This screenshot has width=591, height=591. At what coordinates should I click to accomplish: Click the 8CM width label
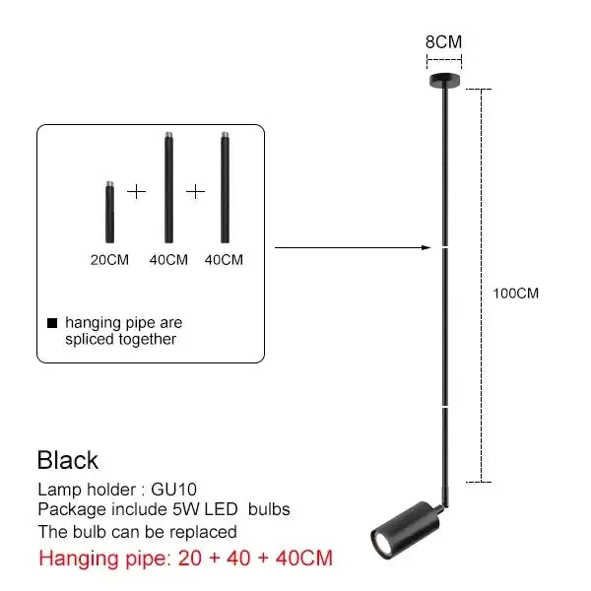443,41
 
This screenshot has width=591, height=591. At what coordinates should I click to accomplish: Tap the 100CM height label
515,294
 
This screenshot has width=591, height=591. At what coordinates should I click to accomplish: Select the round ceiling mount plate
445,80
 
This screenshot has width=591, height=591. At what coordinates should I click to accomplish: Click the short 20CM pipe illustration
109,212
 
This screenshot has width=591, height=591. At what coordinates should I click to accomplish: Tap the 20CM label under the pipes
109,260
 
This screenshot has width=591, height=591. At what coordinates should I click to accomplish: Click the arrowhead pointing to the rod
427,247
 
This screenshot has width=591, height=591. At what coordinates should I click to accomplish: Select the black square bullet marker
52,323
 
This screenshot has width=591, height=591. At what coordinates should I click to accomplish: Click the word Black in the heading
68,460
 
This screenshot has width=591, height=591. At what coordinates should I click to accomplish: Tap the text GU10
173,490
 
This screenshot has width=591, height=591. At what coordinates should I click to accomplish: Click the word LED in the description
221,509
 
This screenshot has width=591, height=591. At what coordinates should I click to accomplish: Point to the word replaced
203,532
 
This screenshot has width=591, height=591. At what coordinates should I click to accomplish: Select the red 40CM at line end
303,558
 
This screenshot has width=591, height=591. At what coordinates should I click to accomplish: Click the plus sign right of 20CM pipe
137,192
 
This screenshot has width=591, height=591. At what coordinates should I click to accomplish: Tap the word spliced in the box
90,340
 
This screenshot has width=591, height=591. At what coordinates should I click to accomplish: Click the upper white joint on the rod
445,247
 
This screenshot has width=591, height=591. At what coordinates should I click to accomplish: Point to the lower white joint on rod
445,407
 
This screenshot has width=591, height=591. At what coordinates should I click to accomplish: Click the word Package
72,509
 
